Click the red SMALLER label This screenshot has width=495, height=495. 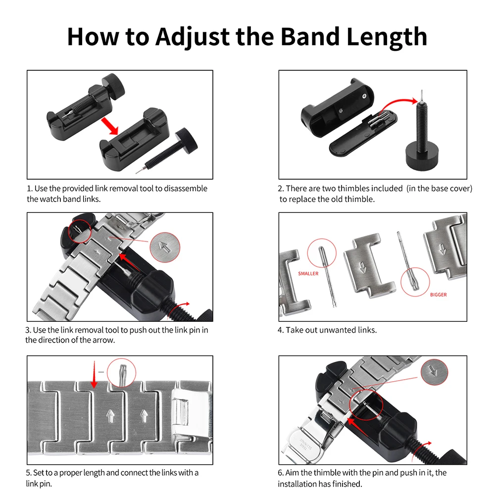pos(308,273)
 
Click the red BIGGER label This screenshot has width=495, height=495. pos(438,295)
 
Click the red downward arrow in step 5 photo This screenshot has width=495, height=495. pos(93,376)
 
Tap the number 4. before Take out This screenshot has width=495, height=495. pos(281,330)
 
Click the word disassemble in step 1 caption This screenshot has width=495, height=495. pos(186,189)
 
